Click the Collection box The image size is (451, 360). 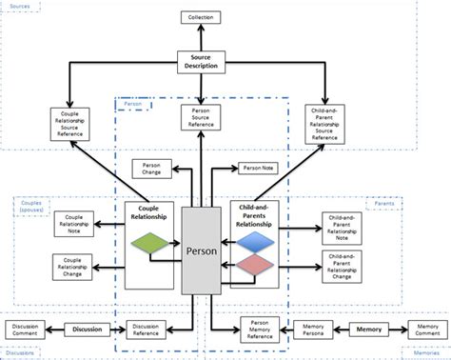[202, 18]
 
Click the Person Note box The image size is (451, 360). [258, 169]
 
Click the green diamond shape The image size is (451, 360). [152, 245]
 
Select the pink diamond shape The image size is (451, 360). [255, 268]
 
